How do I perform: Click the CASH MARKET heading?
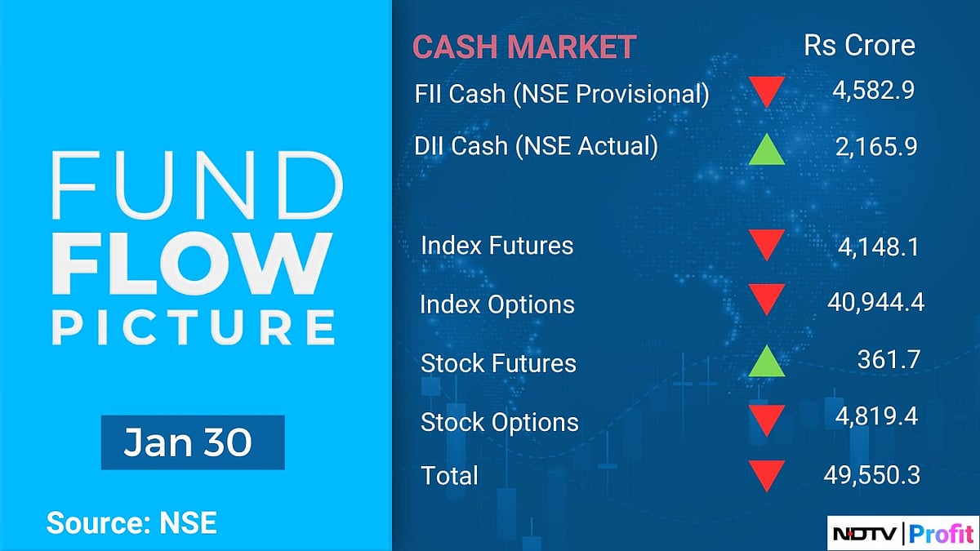click(523, 47)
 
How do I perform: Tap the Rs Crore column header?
click(859, 45)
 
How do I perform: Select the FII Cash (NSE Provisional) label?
click(561, 94)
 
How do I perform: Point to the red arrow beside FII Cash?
click(766, 92)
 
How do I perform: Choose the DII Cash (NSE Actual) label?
click(536, 146)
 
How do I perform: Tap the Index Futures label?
click(497, 246)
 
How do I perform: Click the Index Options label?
click(497, 304)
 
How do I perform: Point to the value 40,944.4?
click(874, 304)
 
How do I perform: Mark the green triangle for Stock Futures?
click(766, 362)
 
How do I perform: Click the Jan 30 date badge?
click(192, 442)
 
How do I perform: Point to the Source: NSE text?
click(131, 522)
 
